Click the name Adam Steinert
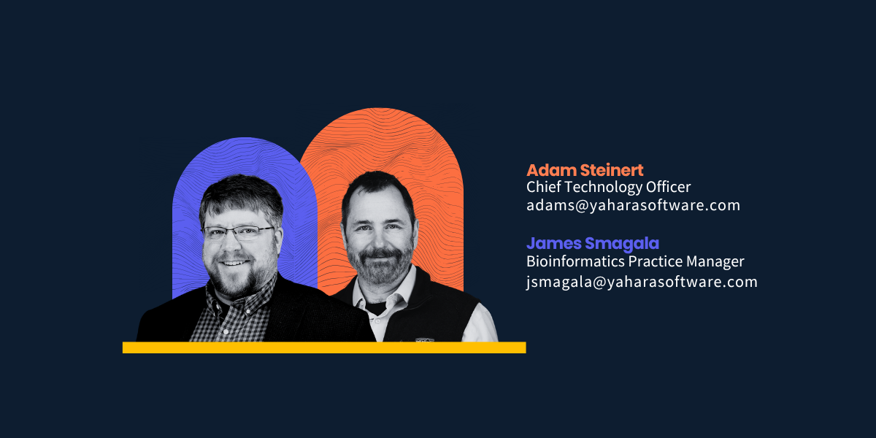click(x=585, y=170)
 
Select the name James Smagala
click(x=593, y=243)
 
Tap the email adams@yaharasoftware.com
click(x=633, y=205)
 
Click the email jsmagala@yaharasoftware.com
click(x=642, y=282)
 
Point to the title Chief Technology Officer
click(x=608, y=188)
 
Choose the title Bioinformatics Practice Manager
click(x=635, y=261)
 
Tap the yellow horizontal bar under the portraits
click(x=324, y=347)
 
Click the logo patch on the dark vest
click(x=424, y=339)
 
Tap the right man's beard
click(x=377, y=267)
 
